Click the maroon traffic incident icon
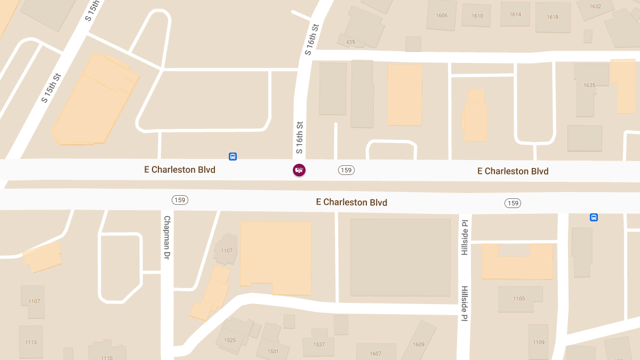pos(299,170)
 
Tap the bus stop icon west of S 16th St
pos(233,156)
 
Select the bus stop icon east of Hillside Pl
pos(594,217)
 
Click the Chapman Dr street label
pos(167,238)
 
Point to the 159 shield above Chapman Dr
pos(180,200)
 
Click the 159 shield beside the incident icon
pos(346,170)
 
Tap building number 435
pos(350,42)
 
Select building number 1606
pos(442,15)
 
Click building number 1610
pos(477,16)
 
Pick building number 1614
pos(515,14)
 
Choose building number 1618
pos(553,17)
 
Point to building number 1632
pos(595,6)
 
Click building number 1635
pos(589,85)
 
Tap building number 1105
pos(519,299)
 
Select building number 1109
pos(539,342)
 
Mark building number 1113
pos(30,342)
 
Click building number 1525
pos(230,340)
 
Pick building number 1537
pos(319,345)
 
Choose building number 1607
pos(375,354)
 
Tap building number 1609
pos(419,345)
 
